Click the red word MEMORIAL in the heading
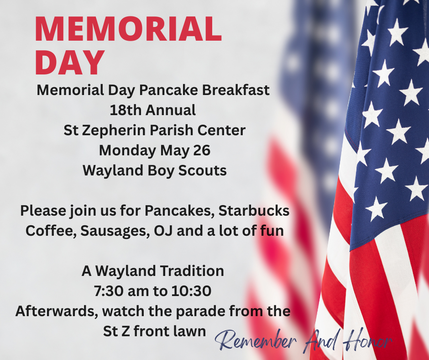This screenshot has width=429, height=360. point(128,29)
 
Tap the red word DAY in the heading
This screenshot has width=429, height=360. point(70,62)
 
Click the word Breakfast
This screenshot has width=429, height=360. point(236,90)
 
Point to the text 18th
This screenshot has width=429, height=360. point(126,110)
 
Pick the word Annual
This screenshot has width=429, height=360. point(171,110)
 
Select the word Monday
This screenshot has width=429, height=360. point(127,151)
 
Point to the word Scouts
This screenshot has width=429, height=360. point(203,170)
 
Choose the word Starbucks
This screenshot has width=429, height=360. point(254,211)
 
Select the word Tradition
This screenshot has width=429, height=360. point(192,271)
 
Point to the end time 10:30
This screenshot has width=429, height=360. point(191,291)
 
